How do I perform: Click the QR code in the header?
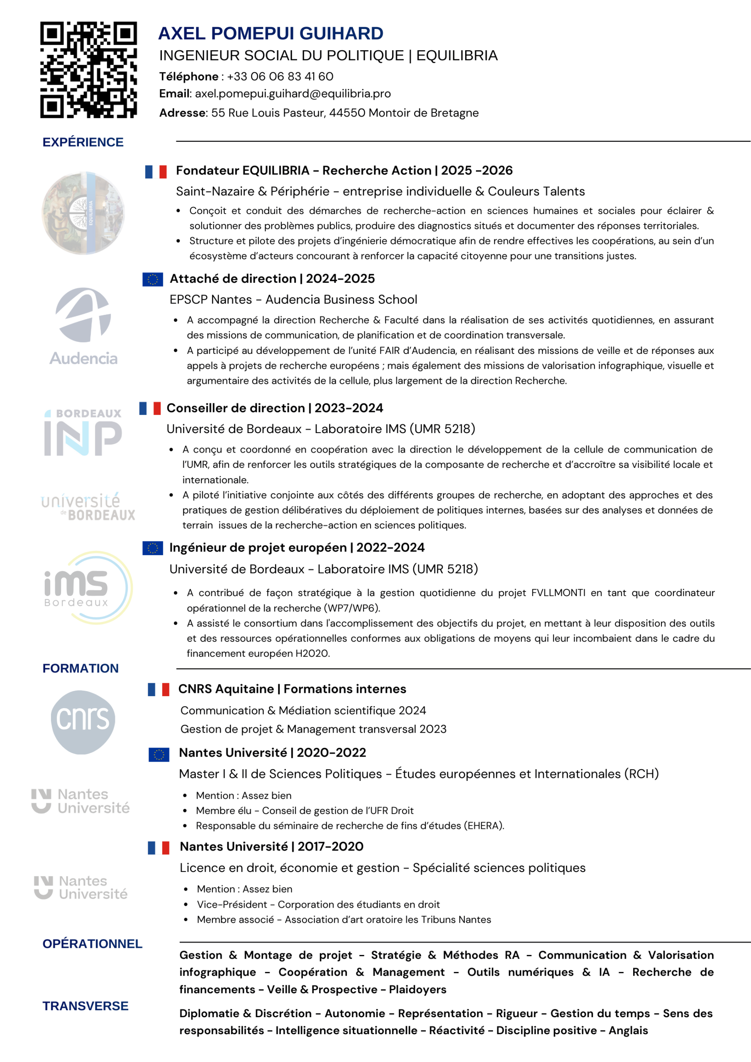pyautogui.click(x=88, y=70)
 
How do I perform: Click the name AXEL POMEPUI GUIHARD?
pyautogui.click(x=271, y=33)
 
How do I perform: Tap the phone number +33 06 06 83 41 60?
pyautogui.click(x=280, y=76)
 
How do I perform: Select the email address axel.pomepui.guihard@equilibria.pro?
pyautogui.click(x=293, y=94)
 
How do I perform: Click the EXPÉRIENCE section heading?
pyautogui.click(x=83, y=142)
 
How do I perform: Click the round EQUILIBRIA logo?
pyautogui.click(x=83, y=213)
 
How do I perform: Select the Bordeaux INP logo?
pyautogui.click(x=83, y=433)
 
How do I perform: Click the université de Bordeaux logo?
pyautogui.click(x=88, y=507)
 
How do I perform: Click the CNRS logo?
pyautogui.click(x=83, y=722)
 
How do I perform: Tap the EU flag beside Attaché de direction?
pyautogui.click(x=153, y=279)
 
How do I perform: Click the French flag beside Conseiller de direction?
pyautogui.click(x=150, y=408)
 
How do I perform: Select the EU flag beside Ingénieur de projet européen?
pyautogui.click(x=153, y=548)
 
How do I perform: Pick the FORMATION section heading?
pyautogui.click(x=80, y=668)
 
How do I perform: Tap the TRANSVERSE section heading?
pyautogui.click(x=85, y=1006)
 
